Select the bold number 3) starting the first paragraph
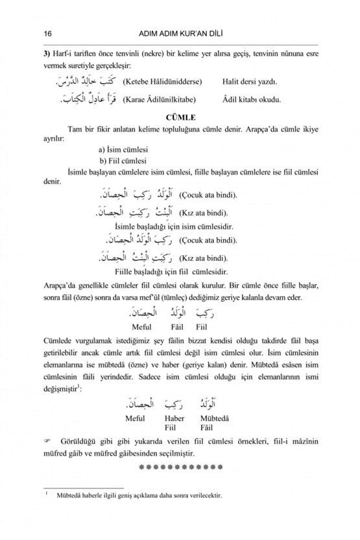[x=45, y=54]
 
